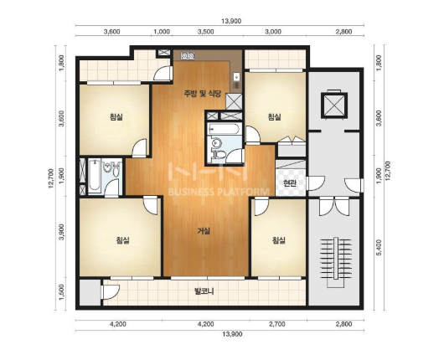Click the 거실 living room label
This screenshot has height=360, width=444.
pos(204,231)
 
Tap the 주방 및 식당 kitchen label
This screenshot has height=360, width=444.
pos(202,94)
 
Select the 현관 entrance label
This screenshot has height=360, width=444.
pos(289,183)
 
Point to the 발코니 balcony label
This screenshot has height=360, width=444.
pos(204,291)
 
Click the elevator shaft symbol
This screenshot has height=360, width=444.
pos(334,105)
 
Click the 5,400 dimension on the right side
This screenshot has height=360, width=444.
pos(379,247)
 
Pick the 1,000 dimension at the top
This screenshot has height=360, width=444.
pos(162,32)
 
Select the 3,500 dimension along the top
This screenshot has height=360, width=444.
pos(205,32)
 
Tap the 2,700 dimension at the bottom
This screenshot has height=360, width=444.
pos(276,324)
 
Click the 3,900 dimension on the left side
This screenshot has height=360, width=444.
pos(61,232)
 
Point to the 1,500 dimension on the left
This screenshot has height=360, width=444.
pos(61,293)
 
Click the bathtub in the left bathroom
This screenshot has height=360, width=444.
pos(94,176)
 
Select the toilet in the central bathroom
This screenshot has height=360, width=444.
pos(219,155)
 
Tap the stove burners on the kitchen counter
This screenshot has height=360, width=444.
pos(188,56)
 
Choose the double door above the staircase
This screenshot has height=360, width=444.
pos(334,207)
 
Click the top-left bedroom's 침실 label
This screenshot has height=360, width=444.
pos(116,116)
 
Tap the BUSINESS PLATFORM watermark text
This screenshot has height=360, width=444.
pos(219,192)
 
